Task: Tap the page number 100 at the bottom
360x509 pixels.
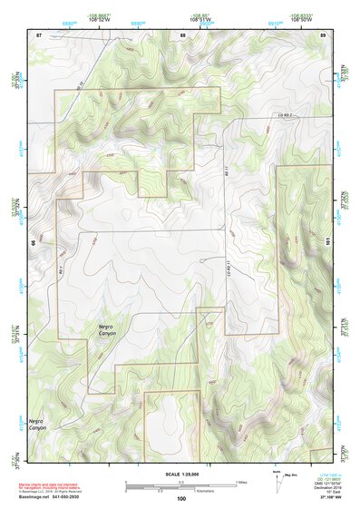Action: pyautogui.click(x=181, y=499)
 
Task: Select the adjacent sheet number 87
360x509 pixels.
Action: pyautogui.click(x=39, y=34)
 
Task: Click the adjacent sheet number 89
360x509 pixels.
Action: pyautogui.click(x=324, y=34)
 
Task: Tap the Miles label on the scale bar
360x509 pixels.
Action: pyautogui.click(x=240, y=481)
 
